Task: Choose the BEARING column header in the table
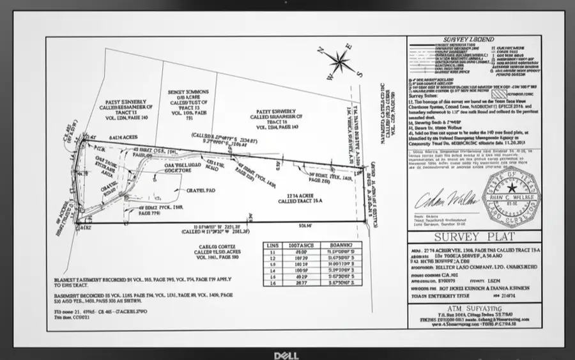pyautogui.click(x=339, y=245)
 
